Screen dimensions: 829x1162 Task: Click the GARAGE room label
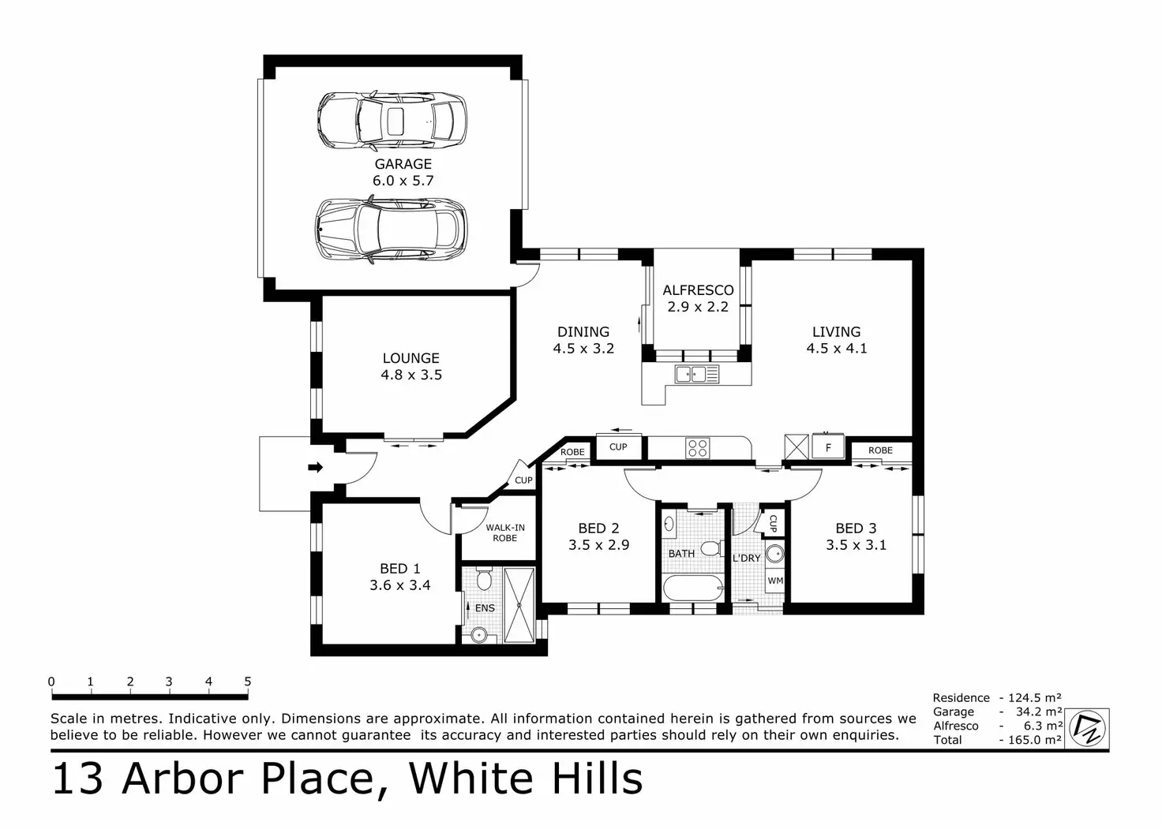(x=403, y=164)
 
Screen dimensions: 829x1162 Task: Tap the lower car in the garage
(x=392, y=229)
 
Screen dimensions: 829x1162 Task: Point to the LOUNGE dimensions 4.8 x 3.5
(x=411, y=375)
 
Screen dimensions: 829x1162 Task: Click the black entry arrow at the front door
(x=315, y=468)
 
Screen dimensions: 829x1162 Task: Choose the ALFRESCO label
(x=698, y=290)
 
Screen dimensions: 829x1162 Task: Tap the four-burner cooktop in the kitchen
(x=697, y=448)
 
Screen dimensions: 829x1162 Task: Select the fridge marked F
(x=828, y=447)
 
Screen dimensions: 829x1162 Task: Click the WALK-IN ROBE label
(x=505, y=533)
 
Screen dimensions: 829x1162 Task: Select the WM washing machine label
(x=775, y=581)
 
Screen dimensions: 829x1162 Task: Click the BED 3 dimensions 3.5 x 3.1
(x=856, y=545)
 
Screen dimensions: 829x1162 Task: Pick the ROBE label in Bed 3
(x=880, y=450)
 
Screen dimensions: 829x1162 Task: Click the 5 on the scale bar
(x=247, y=682)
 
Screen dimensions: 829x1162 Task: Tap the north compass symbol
(x=1088, y=728)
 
